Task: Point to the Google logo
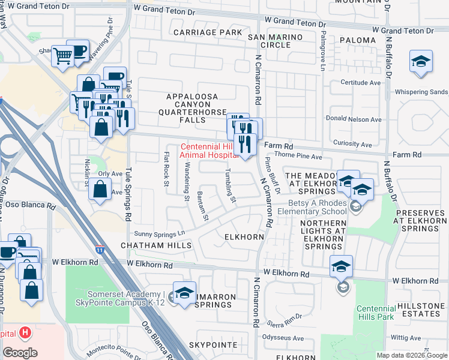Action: click(x=20, y=353)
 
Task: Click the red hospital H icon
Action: click(x=25, y=332)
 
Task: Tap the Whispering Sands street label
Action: click(x=421, y=92)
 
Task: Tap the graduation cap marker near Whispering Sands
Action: click(x=421, y=62)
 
